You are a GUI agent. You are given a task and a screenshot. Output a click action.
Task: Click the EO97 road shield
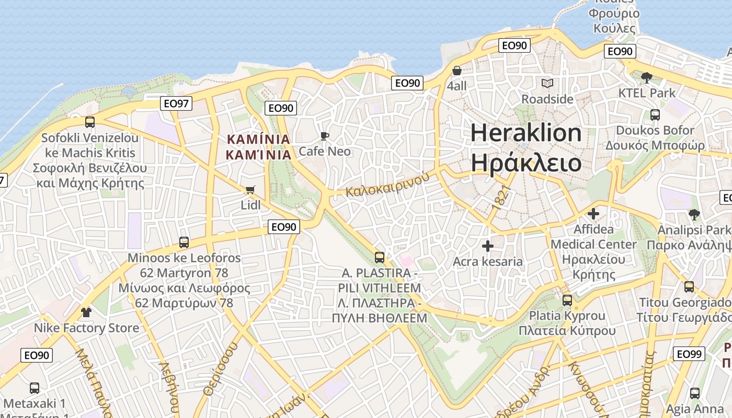point(176,103)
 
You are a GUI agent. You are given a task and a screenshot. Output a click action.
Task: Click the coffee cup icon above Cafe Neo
point(325,136)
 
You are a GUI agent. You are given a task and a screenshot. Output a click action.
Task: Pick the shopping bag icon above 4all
point(457,71)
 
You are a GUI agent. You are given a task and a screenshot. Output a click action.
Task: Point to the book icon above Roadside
point(547,84)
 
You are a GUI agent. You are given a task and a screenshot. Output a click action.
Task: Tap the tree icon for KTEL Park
point(646,78)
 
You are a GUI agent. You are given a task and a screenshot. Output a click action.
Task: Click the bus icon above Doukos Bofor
point(655,114)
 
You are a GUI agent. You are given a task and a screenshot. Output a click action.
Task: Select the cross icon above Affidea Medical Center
point(593,214)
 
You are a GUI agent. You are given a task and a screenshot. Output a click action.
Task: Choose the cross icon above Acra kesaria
point(488,246)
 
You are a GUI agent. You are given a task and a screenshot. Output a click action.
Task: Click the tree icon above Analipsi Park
point(694,214)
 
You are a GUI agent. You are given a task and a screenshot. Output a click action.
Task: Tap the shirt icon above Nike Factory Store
point(86,312)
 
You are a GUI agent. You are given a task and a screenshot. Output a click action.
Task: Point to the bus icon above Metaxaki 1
point(35,388)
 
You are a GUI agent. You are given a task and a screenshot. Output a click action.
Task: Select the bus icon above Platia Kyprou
point(567,300)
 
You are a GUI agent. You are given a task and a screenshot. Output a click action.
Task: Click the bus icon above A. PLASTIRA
point(380,258)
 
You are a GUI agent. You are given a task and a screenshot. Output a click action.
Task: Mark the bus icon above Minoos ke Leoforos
point(184,242)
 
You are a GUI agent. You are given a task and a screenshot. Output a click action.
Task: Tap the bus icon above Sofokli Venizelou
point(90,122)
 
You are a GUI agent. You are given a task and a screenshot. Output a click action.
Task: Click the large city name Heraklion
point(525,133)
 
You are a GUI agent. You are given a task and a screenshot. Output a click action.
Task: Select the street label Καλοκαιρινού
point(387,183)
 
